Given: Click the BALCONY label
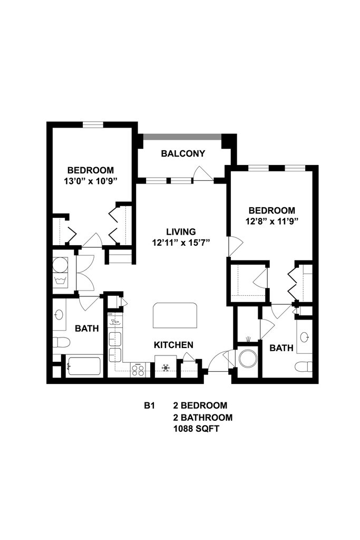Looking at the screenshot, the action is coord(183,153).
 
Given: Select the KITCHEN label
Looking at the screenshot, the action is coord(173,345).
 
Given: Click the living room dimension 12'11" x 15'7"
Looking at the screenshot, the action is coord(181,243).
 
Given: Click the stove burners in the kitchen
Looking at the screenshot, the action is coord(138,370).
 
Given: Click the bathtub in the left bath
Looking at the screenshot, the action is coord(84,367).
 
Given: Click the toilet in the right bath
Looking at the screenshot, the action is coord(304,367).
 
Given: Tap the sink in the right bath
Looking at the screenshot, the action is coord(304,337).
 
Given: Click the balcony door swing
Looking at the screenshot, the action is coord(203,173).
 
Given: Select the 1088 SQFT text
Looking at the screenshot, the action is coord(196,429).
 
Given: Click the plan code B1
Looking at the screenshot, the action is coord(149,406).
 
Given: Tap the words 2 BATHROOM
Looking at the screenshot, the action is coord(203,418).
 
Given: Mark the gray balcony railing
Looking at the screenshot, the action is coord(182,137).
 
